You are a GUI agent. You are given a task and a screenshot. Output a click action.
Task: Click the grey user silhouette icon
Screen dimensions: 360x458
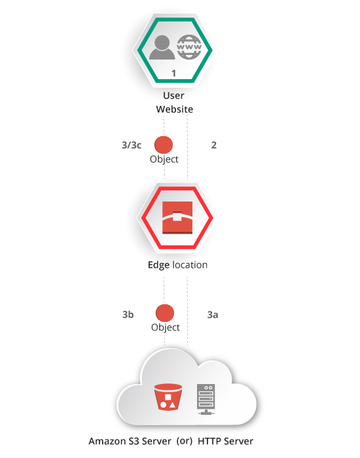click(x=162, y=47)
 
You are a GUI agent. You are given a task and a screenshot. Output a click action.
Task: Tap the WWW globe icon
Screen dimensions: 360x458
click(x=189, y=46)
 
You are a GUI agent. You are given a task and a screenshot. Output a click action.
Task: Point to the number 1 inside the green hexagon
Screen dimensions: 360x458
click(x=174, y=73)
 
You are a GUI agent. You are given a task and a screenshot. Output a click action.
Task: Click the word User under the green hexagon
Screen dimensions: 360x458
click(x=173, y=96)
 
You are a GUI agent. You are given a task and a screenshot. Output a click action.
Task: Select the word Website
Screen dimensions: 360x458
click(x=175, y=109)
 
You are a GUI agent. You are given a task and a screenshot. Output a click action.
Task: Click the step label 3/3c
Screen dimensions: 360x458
click(x=132, y=145)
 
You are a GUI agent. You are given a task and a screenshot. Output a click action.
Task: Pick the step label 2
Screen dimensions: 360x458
click(x=214, y=145)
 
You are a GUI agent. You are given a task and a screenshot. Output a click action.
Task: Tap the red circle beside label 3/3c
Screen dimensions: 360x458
click(x=164, y=145)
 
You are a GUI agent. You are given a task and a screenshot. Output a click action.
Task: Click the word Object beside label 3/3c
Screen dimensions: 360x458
click(x=164, y=160)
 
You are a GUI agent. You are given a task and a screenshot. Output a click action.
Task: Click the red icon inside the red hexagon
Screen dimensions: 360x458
click(x=177, y=218)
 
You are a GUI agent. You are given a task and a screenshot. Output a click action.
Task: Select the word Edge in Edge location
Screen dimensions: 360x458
click(x=158, y=265)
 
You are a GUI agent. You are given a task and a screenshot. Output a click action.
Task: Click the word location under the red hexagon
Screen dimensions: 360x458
click(x=190, y=264)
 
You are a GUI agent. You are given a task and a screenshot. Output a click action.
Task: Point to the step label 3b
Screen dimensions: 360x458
click(x=128, y=315)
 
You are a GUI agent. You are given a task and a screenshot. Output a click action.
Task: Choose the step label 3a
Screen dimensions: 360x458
click(x=213, y=315)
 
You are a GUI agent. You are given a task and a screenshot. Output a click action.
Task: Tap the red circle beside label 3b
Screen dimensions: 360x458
click(x=165, y=313)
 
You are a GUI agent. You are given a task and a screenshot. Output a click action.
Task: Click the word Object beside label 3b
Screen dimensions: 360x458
click(x=166, y=327)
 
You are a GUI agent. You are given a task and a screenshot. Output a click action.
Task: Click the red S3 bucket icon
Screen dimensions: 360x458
click(x=168, y=397)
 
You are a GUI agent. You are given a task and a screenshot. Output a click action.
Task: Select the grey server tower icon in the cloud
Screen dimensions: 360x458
click(x=206, y=399)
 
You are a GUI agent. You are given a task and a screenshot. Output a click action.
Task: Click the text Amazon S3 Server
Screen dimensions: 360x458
click(x=130, y=441)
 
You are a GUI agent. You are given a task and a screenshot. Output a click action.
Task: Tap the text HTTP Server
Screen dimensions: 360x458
click(x=226, y=441)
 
